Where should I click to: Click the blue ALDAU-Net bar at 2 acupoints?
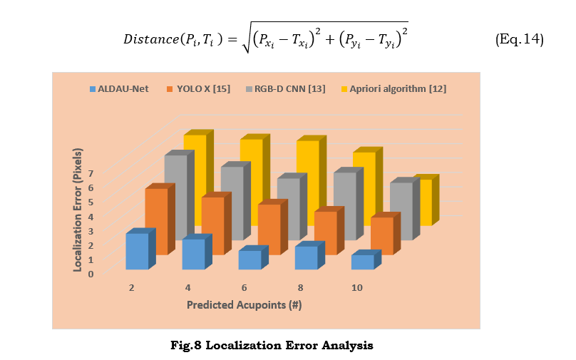click(137, 251)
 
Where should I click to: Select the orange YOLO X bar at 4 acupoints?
click(212, 225)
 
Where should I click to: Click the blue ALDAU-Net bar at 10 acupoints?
click(362, 262)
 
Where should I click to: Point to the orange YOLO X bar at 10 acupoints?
click(381, 235)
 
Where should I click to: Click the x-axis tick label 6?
click(244, 287)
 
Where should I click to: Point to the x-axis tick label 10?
click(356, 287)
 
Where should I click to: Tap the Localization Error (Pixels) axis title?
click(78, 210)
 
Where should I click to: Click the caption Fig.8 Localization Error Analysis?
click(272, 346)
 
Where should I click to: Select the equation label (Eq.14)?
click(519, 40)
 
